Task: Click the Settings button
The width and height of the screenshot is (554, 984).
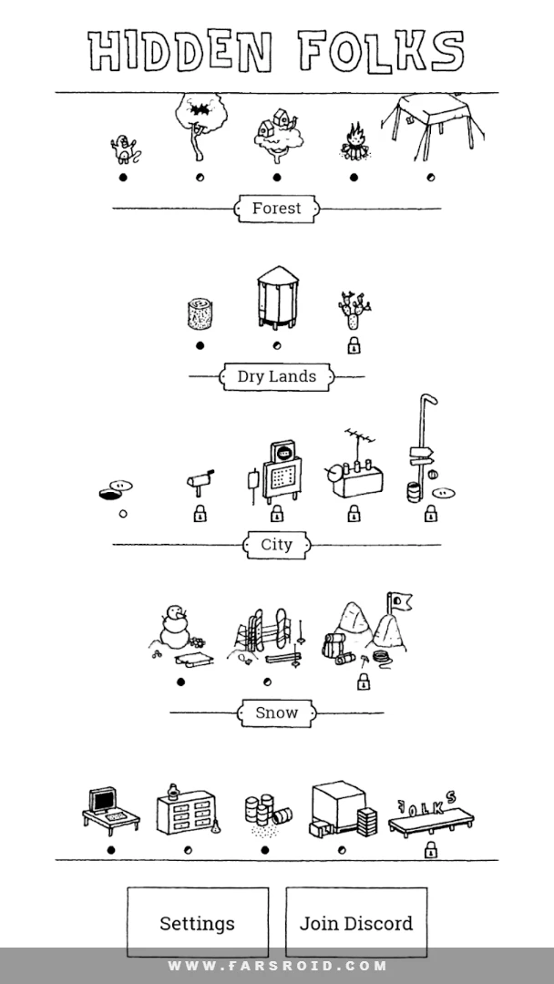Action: (198, 922)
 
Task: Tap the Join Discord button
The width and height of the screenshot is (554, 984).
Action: (356, 922)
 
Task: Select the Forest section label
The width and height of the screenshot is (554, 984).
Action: (277, 209)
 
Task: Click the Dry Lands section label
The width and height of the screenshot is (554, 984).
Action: (277, 376)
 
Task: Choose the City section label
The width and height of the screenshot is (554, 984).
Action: (277, 545)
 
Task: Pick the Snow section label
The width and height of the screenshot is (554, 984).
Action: (277, 712)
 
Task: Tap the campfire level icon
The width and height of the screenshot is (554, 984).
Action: (354, 142)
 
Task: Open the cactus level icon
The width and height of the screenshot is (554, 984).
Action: (354, 310)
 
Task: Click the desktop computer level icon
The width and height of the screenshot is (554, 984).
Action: (110, 810)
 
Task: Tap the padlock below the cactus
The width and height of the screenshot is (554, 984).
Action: (354, 345)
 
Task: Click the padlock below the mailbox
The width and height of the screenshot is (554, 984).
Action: (200, 513)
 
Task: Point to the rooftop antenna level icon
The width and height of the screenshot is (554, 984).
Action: (354, 465)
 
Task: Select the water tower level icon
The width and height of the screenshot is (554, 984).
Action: (277, 297)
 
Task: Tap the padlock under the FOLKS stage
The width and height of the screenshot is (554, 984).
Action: (430, 850)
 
